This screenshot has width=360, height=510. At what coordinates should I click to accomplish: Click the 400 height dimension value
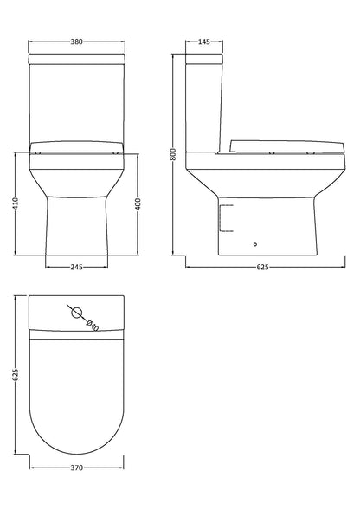138,204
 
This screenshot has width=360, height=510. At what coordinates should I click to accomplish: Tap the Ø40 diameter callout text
92,324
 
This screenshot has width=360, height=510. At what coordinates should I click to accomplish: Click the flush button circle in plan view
75,313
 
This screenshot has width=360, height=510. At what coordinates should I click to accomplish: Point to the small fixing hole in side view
254,244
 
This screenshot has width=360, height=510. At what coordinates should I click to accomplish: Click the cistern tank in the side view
206,104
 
